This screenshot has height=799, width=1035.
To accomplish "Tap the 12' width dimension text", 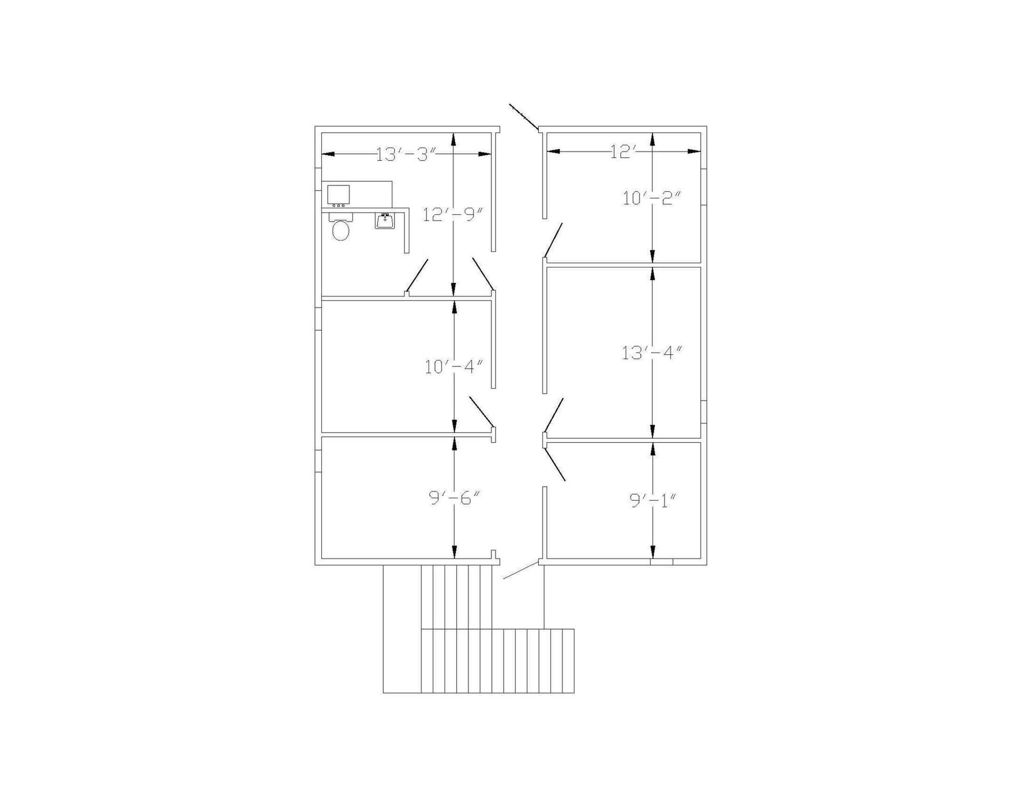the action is pyautogui.click(x=624, y=152).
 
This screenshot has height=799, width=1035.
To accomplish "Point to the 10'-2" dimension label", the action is pyautogui.click(x=652, y=198).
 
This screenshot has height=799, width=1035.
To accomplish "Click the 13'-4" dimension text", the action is pyautogui.click(x=652, y=352).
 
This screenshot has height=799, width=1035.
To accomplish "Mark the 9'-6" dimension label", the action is pyautogui.click(x=455, y=498).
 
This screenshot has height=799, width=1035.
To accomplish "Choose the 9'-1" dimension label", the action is pyautogui.click(x=653, y=500).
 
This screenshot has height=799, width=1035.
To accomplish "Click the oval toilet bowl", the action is pyautogui.click(x=341, y=231).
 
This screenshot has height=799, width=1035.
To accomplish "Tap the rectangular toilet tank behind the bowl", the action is pyautogui.click(x=341, y=217).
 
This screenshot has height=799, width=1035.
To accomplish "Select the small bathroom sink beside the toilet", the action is pyautogui.click(x=385, y=221).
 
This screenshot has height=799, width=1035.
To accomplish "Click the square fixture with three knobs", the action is pyautogui.click(x=338, y=196).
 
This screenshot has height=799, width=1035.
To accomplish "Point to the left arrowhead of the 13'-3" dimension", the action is pyautogui.click(x=328, y=154).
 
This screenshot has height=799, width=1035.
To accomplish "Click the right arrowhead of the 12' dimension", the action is pyautogui.click(x=694, y=151).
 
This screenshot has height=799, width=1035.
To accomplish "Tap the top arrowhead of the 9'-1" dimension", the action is pyautogui.click(x=653, y=449).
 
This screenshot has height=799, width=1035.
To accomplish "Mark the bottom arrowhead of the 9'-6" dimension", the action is pyautogui.click(x=454, y=552).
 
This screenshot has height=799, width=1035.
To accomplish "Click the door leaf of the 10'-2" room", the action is pyautogui.click(x=553, y=240).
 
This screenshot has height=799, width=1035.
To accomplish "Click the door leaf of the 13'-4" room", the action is pyautogui.click(x=553, y=415).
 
